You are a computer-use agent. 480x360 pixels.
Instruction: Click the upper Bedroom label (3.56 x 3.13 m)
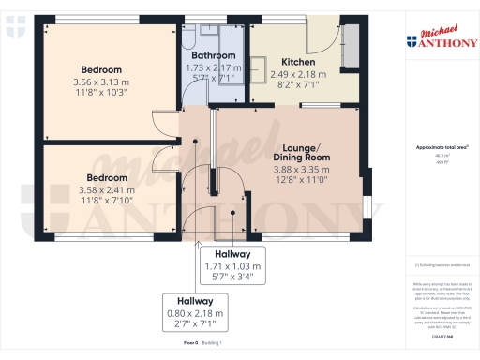coord(100,70)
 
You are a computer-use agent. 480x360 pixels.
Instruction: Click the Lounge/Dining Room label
coord(301,154)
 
